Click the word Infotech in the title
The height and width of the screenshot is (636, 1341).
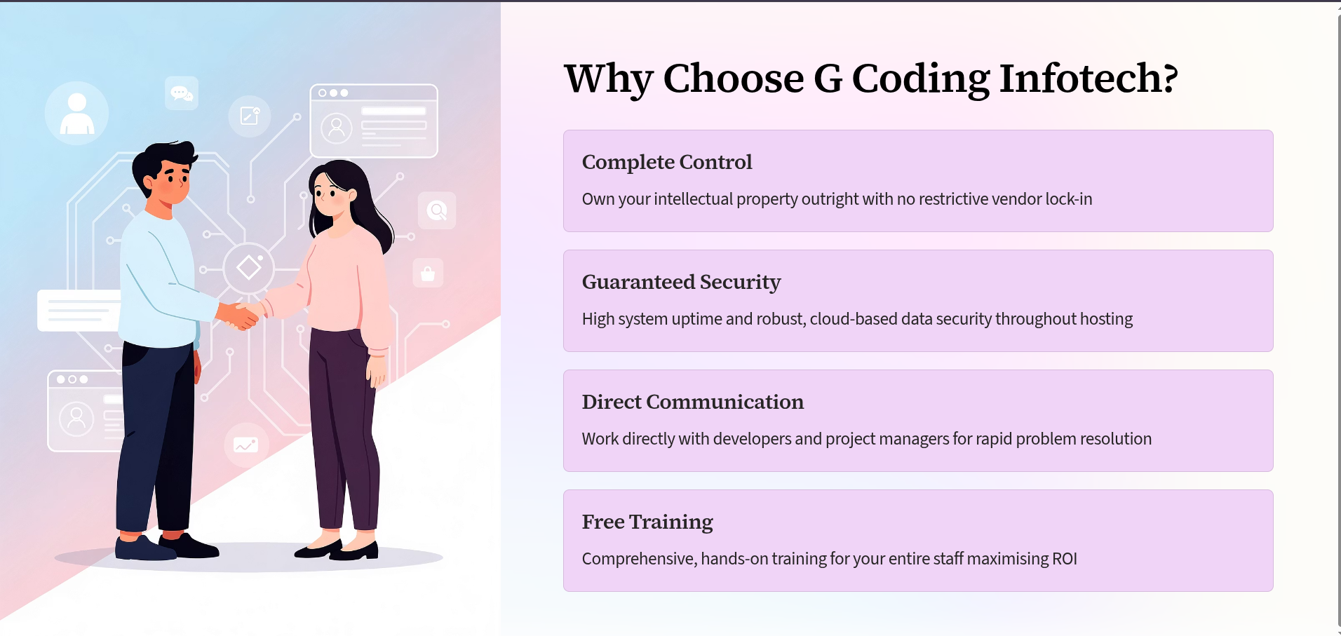(x=1088, y=78)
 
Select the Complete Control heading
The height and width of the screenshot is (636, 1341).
(x=666, y=162)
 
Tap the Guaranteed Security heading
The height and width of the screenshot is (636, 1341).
(x=681, y=282)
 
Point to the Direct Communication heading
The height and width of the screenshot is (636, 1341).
(x=692, y=402)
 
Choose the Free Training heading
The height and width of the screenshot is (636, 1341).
(x=647, y=522)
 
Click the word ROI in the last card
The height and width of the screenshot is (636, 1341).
(x=1064, y=559)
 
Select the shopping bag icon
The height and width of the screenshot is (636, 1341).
(x=428, y=273)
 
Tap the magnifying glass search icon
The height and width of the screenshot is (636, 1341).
(x=437, y=210)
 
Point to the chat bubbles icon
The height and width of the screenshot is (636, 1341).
(x=182, y=93)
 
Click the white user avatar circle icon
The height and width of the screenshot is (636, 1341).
(x=76, y=113)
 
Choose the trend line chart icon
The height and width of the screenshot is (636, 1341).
(x=245, y=445)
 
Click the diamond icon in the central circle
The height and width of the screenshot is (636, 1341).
(x=249, y=267)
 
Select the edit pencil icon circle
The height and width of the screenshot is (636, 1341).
(x=250, y=116)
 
